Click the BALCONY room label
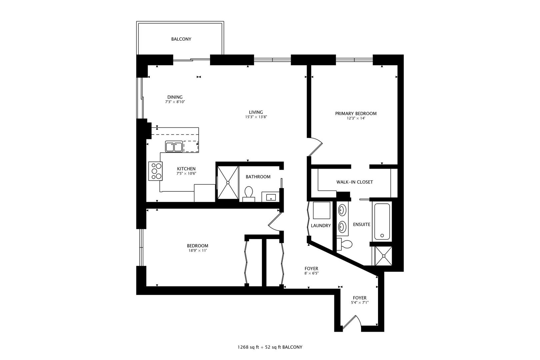(x=181, y=39)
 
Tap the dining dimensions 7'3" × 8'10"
(x=175, y=102)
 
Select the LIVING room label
(x=256, y=112)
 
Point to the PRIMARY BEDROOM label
(x=356, y=114)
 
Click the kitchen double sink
(x=174, y=147)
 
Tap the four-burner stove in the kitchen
(x=155, y=171)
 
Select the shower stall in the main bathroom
(x=228, y=183)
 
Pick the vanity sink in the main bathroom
(x=271, y=197)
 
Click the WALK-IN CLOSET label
(x=355, y=182)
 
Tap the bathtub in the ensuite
(x=382, y=222)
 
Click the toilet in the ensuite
(x=344, y=244)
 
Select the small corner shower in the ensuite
(x=384, y=256)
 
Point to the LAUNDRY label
(x=321, y=226)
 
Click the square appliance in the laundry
(x=321, y=211)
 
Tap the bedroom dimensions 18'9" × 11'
(x=197, y=251)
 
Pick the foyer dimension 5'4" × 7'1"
(x=359, y=303)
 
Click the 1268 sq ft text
(x=248, y=347)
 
